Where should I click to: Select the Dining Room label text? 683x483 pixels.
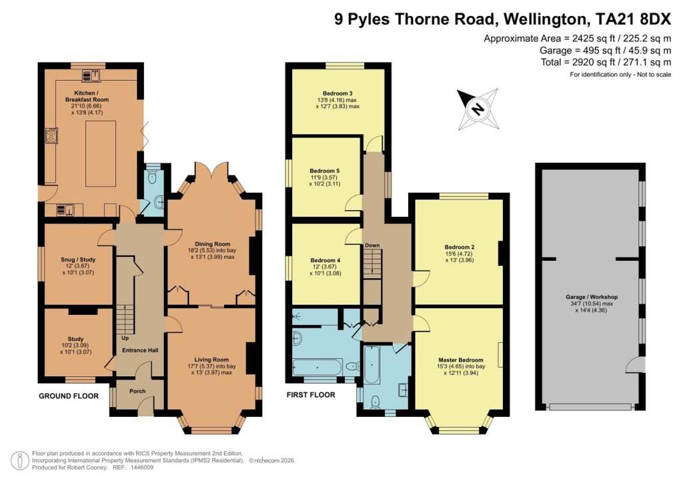pos(212,244)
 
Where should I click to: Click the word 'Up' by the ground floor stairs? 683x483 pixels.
pos(125,338)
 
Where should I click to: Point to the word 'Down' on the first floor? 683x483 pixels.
pos(372,246)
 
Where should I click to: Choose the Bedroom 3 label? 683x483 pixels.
pos(337,93)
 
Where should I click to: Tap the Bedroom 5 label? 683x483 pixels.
pos(324,171)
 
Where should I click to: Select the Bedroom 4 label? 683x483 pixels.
pos(324,260)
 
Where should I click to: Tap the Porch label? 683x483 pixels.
pos(137,392)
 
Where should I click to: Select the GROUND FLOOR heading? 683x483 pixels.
pos(69,396)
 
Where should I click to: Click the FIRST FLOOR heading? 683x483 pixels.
pos(311,395)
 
